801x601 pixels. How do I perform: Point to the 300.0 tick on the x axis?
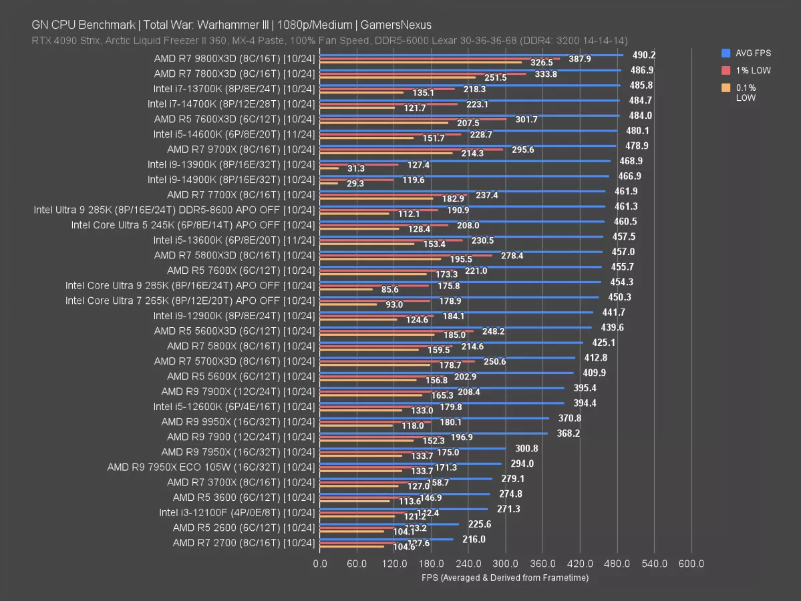point(506,564)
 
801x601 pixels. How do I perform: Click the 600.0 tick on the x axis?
point(691,564)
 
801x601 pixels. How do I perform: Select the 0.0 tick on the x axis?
point(320,564)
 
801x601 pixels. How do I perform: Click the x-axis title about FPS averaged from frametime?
point(505,578)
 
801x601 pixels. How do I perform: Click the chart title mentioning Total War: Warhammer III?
point(231,25)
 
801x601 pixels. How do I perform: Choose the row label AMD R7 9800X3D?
point(234,58)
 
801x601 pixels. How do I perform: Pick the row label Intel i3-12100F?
point(236,512)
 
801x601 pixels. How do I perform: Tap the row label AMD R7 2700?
point(243,543)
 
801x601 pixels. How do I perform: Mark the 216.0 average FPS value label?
point(474,540)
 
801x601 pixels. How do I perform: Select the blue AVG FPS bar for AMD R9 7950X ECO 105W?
point(410,463)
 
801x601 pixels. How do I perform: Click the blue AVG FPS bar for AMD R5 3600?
point(405,494)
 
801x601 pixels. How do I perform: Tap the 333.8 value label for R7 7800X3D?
point(546,74)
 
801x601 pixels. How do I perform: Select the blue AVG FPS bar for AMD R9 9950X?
point(434,418)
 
